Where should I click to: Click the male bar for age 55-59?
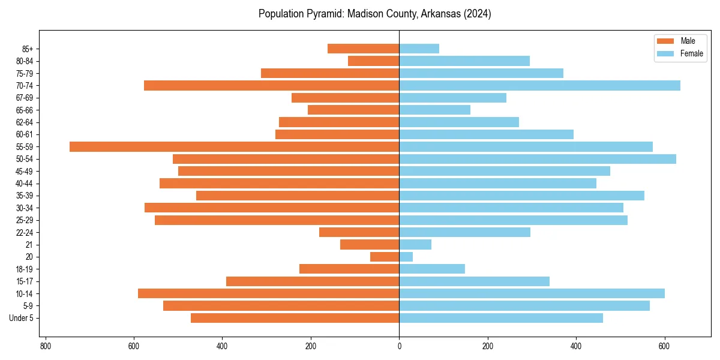[234, 146]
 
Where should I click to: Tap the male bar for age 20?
[385, 257]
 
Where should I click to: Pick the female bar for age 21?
[415, 244]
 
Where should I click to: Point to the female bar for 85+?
[419, 49]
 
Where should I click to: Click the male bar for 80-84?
[373, 61]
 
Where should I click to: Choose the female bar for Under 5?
[501, 318]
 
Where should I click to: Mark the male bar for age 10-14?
[268, 293]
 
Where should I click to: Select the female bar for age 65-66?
[434, 110]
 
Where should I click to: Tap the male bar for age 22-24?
[359, 232]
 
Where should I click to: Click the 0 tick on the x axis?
[399, 346]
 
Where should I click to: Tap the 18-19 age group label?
[25, 269]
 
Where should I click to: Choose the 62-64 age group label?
[25, 122]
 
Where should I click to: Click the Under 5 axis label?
[22, 318]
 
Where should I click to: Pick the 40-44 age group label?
[25, 184]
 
